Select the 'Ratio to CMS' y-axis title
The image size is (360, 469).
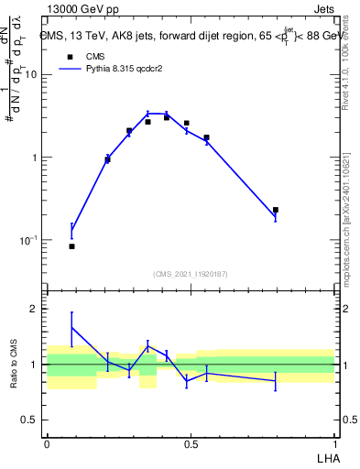[x=15, y=365]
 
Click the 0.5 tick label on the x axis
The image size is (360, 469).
[x=191, y=443]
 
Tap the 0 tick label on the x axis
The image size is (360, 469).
[x=47, y=443]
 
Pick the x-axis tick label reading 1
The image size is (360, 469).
[x=334, y=443]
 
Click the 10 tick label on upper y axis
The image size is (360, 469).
[x=30, y=75]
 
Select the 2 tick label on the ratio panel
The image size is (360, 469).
[x=35, y=310]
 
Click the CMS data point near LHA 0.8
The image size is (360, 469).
[x=275, y=210]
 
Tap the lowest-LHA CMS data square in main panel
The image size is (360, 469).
[x=71, y=246]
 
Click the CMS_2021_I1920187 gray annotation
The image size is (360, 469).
[x=191, y=273]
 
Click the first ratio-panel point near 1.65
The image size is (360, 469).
[x=71, y=327]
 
